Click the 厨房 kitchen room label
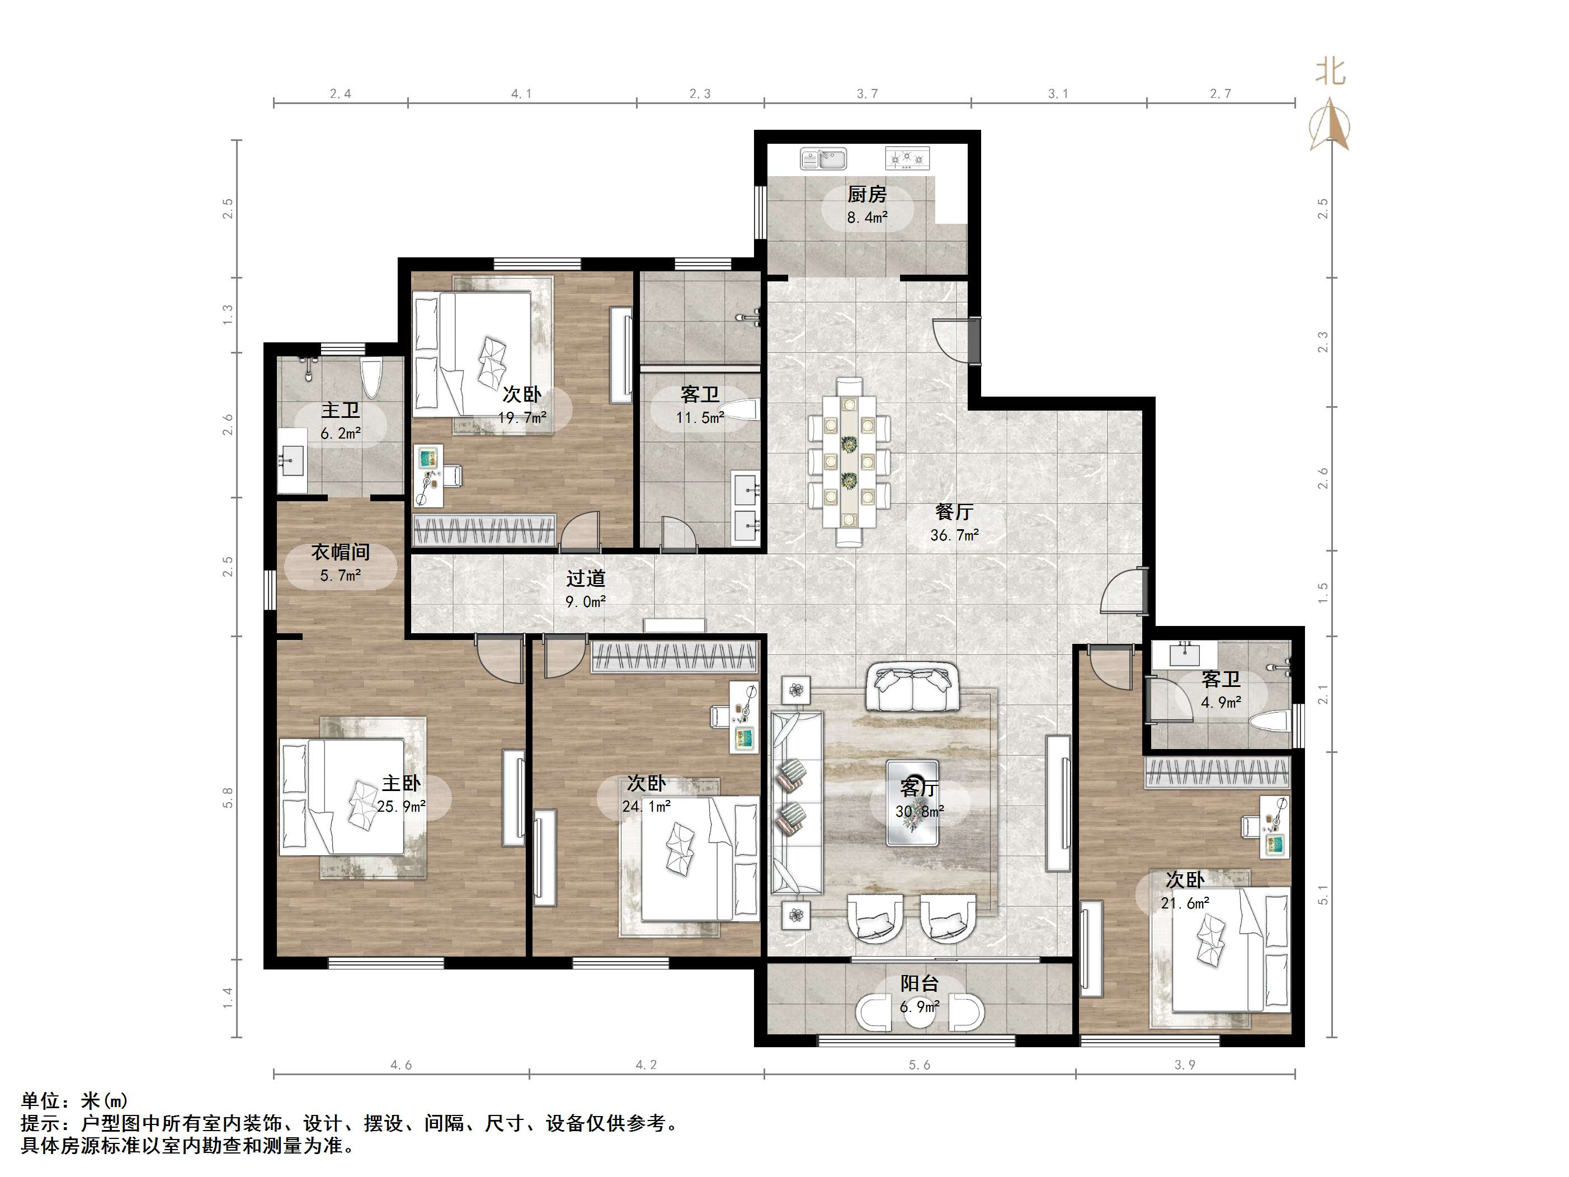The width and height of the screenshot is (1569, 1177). [867, 194]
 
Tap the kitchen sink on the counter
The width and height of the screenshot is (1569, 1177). [823, 158]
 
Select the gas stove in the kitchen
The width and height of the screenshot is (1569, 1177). [907, 158]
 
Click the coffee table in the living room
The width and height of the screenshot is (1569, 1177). [913, 802]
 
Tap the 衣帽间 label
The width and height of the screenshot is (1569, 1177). [341, 552]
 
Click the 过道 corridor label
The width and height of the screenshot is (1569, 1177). [585, 578]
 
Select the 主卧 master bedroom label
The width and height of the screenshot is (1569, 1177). [402, 783]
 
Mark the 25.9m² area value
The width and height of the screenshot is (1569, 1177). [402, 807]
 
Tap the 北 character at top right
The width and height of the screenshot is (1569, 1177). [1331, 72]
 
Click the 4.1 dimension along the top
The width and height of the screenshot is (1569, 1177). [521, 93]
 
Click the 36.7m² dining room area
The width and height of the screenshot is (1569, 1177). [954, 535]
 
